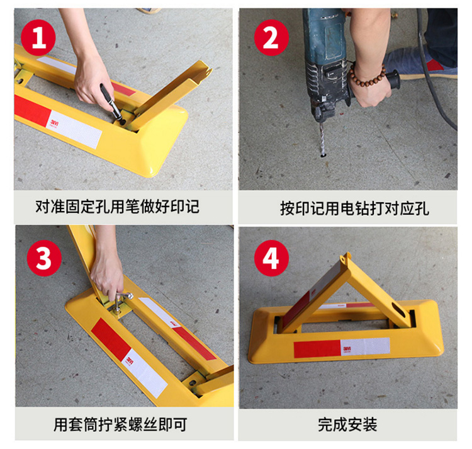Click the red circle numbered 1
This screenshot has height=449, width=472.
point(38,38)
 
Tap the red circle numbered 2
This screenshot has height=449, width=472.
point(271,38)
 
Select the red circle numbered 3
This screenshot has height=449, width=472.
point(44,258)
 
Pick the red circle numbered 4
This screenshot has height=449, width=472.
point(271,258)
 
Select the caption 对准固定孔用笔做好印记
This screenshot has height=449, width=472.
point(118,207)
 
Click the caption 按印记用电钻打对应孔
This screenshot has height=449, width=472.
point(354,208)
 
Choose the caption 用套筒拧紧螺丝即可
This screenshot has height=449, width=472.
point(120,424)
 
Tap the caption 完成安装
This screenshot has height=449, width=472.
point(347,424)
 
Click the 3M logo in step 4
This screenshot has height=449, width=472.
point(347,349)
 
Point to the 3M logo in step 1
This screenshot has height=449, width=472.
point(55,123)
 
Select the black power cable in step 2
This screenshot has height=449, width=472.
point(434,69)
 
